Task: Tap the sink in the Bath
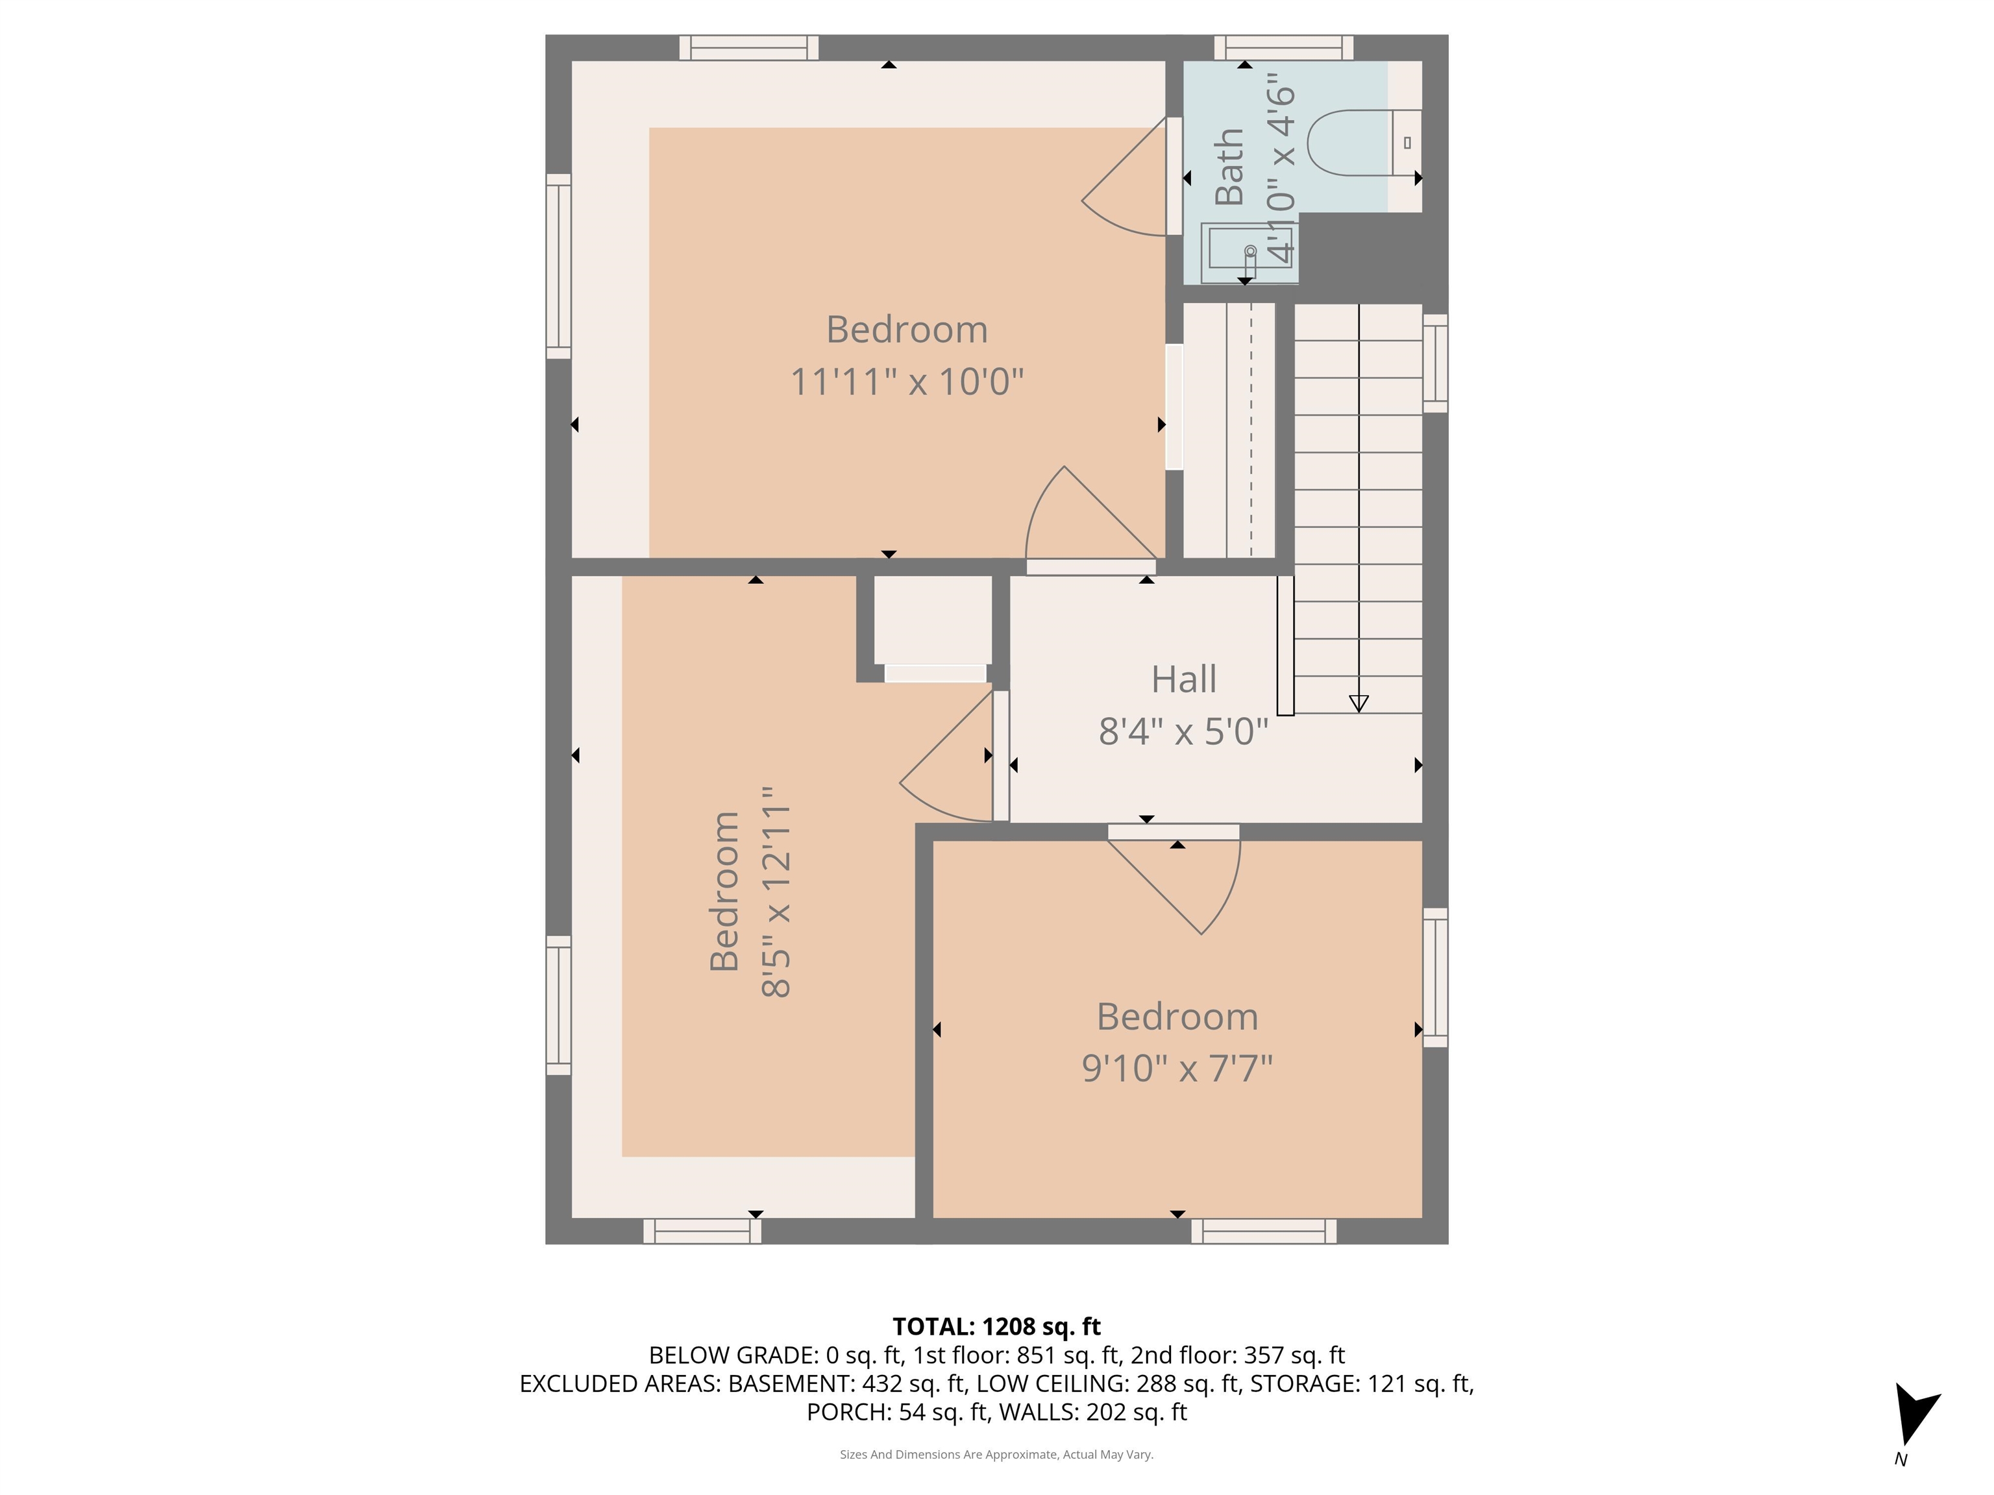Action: click(1248, 249)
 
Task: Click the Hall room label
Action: click(1183, 679)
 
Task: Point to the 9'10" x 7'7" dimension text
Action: click(1176, 1069)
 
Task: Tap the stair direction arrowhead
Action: click(1359, 703)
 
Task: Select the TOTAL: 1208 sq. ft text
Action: click(996, 1326)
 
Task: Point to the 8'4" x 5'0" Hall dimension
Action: click(1183, 732)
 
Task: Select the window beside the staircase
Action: click(1435, 363)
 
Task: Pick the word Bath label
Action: click(1229, 167)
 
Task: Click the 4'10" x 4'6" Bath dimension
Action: click(1280, 173)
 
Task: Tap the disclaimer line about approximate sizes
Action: click(996, 1455)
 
